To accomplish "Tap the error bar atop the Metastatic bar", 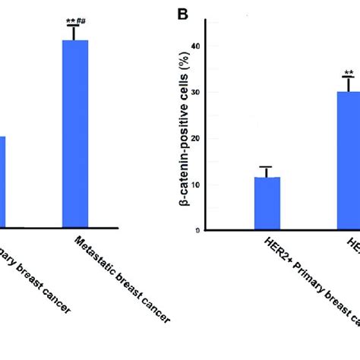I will (x=75, y=33).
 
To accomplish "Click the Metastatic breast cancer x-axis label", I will (x=122, y=278).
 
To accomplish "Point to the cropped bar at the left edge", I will (x=3, y=182).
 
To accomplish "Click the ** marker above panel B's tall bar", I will (x=349, y=74).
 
